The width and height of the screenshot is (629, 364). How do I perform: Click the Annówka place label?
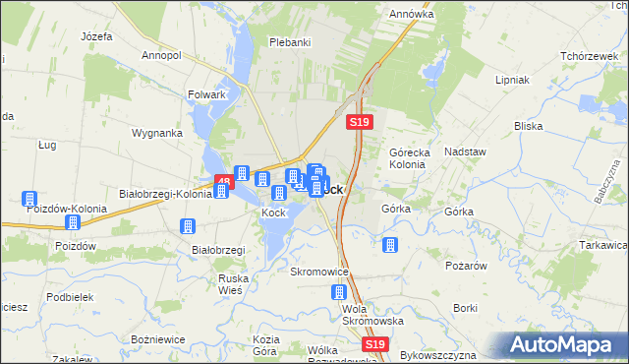point(412,15)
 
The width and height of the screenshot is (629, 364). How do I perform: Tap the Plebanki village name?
point(290,42)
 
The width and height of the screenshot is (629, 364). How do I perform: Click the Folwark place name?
point(207,95)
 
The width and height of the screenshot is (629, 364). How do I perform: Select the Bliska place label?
point(529,126)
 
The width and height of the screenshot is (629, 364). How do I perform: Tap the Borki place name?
point(466,308)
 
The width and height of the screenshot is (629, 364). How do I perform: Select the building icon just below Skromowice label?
point(339,292)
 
